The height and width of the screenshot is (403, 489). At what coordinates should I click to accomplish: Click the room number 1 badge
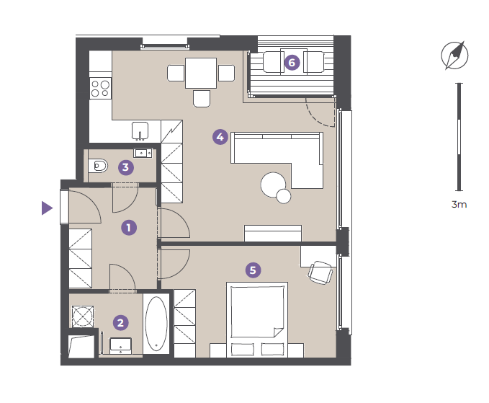tap(129, 228)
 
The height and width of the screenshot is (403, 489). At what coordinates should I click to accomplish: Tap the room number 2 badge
tap(120, 322)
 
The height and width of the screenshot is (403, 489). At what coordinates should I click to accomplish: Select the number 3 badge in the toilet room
tap(126, 167)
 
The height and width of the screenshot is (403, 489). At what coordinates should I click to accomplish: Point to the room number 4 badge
tap(220, 137)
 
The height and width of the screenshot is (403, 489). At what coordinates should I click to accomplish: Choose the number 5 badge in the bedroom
tap(253, 270)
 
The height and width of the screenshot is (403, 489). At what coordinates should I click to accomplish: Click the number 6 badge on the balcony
tap(292, 63)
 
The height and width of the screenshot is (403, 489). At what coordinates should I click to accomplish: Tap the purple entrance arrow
tap(47, 208)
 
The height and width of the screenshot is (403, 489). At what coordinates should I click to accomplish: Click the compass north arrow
tap(454, 56)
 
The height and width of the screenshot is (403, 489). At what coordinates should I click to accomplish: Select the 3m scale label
tap(459, 205)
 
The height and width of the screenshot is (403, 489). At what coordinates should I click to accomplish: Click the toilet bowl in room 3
tap(98, 166)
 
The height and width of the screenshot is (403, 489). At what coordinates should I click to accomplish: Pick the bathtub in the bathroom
tap(156, 324)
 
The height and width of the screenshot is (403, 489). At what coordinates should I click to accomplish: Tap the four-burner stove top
tap(100, 89)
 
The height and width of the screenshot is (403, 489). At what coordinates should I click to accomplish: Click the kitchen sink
tap(140, 130)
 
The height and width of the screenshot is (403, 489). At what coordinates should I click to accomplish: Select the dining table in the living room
tap(201, 73)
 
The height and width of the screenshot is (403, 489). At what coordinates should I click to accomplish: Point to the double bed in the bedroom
tap(257, 319)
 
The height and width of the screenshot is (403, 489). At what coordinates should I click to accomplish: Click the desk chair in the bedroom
tap(320, 273)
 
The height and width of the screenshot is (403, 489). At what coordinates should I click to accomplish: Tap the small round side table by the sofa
tap(284, 196)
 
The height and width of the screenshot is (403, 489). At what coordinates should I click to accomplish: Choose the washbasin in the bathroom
tap(121, 346)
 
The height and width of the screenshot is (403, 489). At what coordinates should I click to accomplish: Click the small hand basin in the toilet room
tap(143, 153)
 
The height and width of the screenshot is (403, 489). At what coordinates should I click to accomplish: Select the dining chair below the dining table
tap(202, 99)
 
